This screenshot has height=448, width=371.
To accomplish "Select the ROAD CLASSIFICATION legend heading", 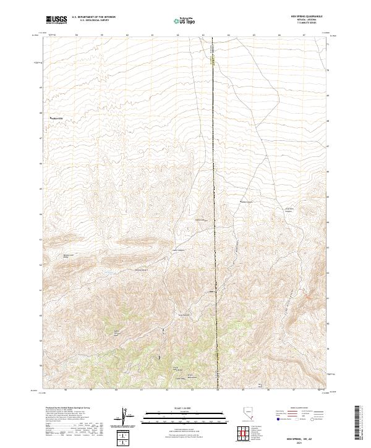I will [x=294, y=408].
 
